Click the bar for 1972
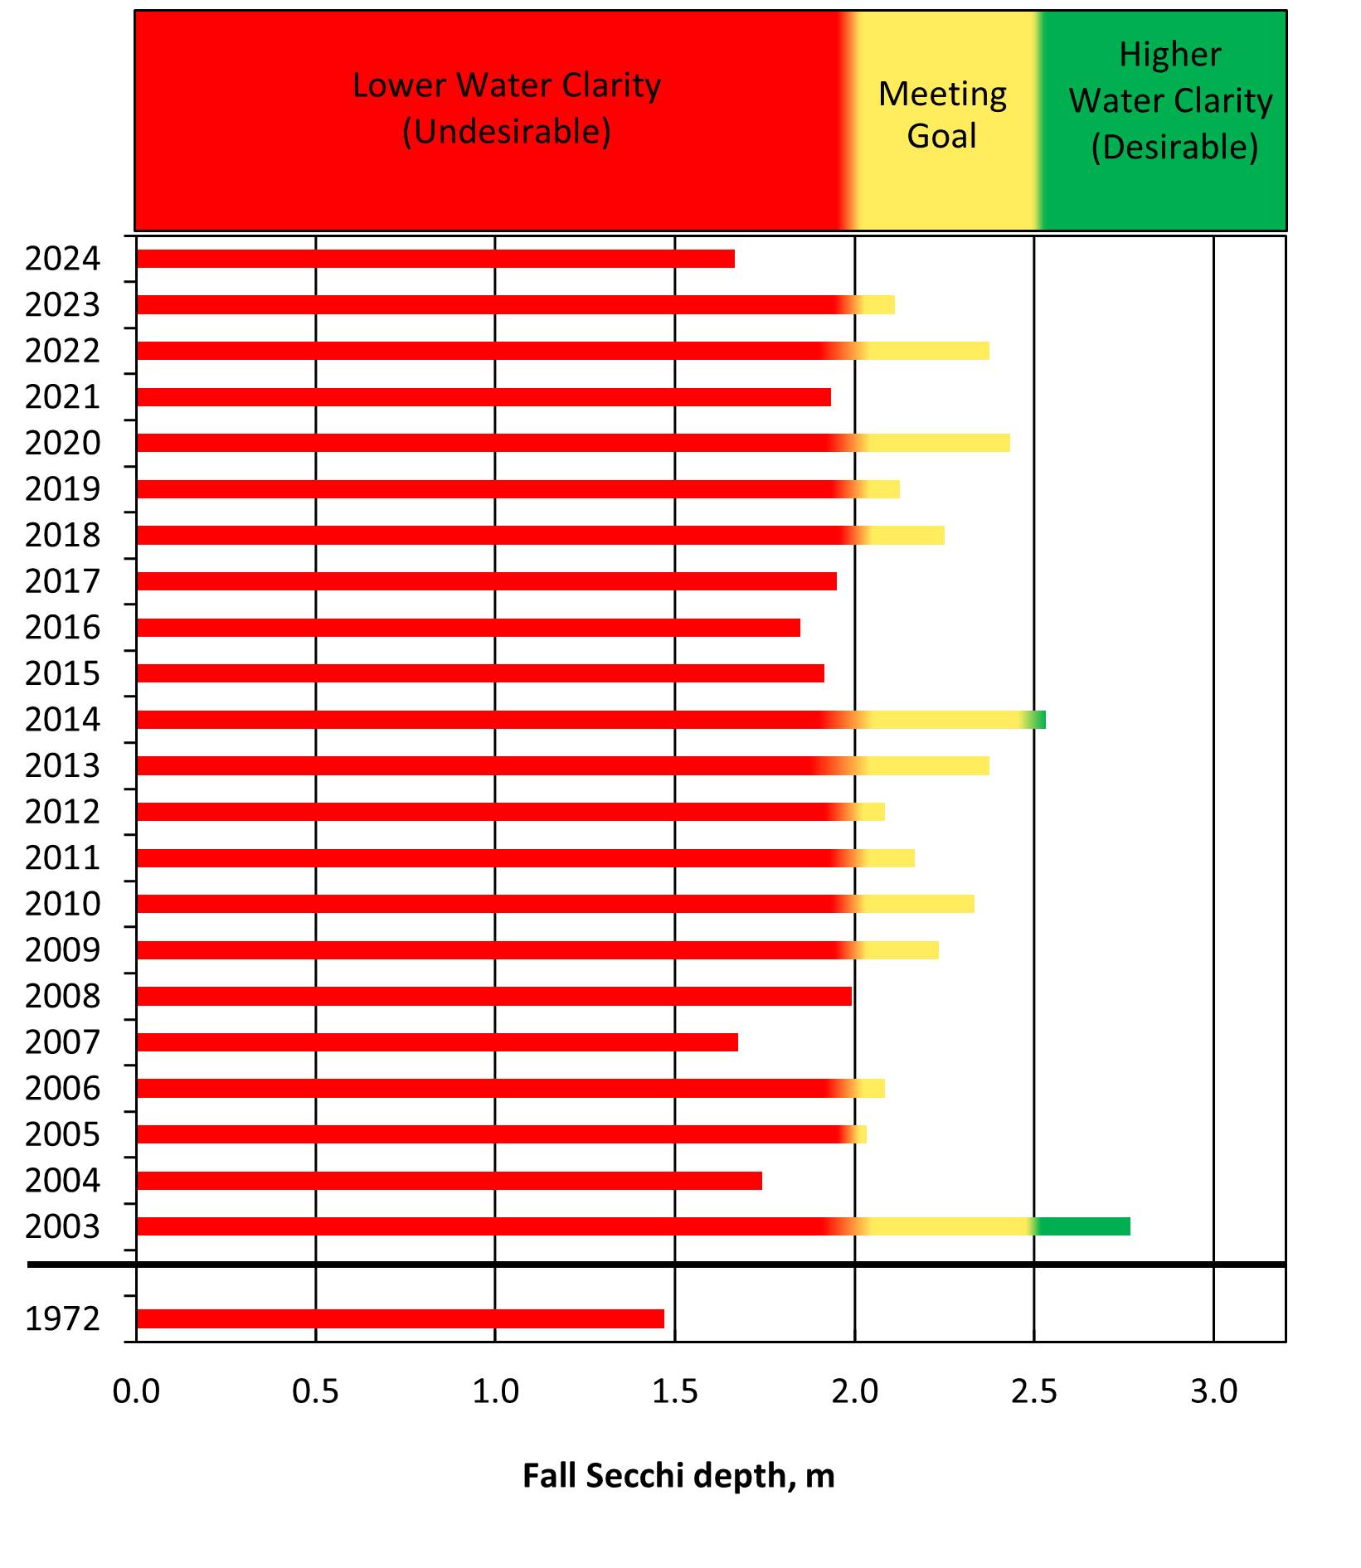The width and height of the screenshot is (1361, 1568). coord(400,1318)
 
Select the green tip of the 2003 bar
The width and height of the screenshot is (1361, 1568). coord(1082,1226)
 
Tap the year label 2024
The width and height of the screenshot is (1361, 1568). coord(62,259)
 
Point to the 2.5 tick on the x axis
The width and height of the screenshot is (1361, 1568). coord(1034,1391)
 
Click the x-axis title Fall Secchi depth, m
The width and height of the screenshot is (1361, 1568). coord(678,1476)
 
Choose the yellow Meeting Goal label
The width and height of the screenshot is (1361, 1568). coord(942,114)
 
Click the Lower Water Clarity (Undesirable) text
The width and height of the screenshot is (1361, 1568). coord(507,108)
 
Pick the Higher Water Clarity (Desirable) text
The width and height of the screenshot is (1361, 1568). coord(1170,101)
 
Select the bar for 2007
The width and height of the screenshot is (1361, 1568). coord(437,1042)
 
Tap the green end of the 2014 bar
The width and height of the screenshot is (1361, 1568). coord(1039,720)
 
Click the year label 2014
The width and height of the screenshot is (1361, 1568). coord(62,720)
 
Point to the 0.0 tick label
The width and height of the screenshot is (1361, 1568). coord(136,1391)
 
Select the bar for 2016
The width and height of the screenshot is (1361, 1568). coord(469,628)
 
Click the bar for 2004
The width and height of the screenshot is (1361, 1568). coord(449,1181)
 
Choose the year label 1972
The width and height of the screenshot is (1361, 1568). coord(62,1318)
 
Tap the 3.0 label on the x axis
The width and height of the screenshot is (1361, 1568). coord(1213,1391)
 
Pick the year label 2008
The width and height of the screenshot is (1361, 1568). coord(62,996)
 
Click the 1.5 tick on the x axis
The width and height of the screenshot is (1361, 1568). coord(674,1391)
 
